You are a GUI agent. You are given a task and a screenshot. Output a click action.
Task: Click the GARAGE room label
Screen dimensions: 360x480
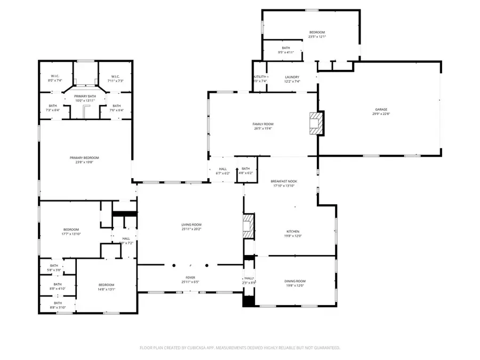coord(380,109)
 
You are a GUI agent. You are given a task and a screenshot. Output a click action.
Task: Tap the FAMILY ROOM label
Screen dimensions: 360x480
coord(262,124)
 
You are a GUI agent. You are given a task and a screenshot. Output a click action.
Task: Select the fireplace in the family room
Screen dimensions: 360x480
coord(316,123)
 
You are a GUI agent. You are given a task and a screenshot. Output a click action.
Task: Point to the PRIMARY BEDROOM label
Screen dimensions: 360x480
coord(84,157)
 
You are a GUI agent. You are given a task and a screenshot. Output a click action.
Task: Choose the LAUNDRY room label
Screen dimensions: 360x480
coord(292,77)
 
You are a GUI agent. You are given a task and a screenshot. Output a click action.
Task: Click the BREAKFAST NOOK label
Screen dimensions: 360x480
coord(285,181)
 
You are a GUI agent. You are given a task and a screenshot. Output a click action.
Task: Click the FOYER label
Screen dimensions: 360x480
coord(190,277)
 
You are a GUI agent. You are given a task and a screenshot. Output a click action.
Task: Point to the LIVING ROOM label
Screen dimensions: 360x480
coord(191,225)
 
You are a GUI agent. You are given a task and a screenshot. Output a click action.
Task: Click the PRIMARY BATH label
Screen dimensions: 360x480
coord(84,96)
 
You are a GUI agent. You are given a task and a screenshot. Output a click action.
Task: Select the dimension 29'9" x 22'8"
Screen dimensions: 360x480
coord(380,114)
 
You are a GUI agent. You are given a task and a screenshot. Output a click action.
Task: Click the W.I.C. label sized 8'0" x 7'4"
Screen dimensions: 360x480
coord(55,81)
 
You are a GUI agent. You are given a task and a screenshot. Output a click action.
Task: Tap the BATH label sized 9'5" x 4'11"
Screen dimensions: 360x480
coord(286,52)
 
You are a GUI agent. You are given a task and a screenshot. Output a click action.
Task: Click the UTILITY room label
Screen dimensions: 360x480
coord(260,77)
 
